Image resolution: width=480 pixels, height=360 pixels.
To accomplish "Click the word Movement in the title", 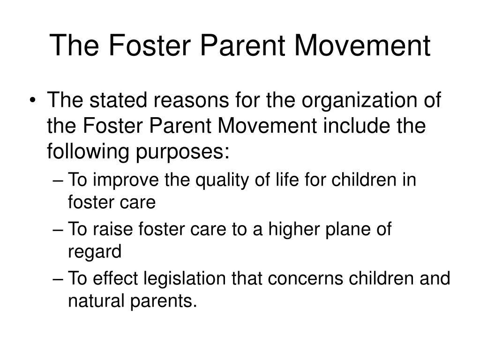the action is coord(362,45).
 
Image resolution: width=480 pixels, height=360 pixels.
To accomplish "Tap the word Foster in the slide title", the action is coord(150,45).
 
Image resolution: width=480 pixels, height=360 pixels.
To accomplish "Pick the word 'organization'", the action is coord(360,101).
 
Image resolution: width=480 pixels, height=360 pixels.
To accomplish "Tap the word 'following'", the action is coord(88,151).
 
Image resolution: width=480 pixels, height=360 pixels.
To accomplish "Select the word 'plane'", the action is coord(348,230).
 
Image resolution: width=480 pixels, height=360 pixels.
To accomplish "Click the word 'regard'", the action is coord(95,252).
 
